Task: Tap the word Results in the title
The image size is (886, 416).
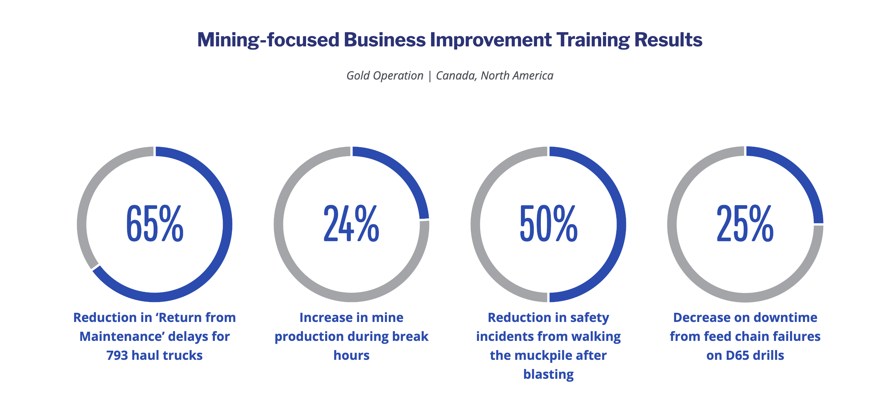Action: pyautogui.click(x=668, y=39)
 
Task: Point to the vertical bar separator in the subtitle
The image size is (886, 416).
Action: pyautogui.click(x=429, y=76)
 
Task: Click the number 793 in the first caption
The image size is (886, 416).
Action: pyautogui.click(x=117, y=355)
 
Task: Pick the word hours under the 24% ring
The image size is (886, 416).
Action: pyautogui.click(x=351, y=355)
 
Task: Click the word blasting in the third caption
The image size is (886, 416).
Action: pyautogui.click(x=548, y=375)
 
